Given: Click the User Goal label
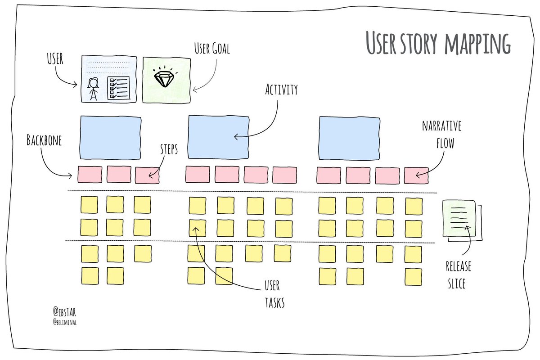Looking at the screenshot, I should [211, 49].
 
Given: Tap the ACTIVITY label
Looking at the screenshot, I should [281, 90].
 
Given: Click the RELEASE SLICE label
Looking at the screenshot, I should [458, 274].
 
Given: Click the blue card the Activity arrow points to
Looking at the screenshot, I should [218, 137].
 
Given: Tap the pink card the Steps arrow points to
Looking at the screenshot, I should [147, 175].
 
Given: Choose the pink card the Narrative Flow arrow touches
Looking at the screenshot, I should [416, 175].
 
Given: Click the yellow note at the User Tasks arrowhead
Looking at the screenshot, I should [197, 228].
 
